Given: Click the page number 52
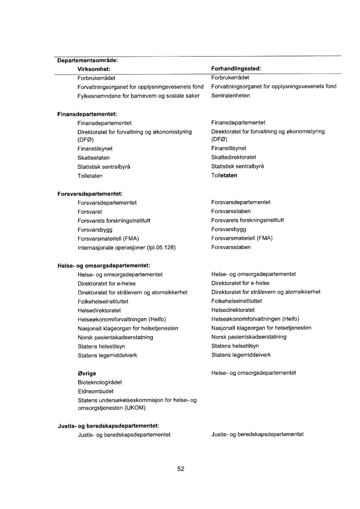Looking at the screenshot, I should [x=181, y=469].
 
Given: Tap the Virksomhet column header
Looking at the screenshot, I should [x=94, y=68].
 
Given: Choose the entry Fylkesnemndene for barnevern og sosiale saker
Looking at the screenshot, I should [x=138, y=96].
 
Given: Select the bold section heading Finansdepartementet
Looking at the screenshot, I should [x=86, y=114].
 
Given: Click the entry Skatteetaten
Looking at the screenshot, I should [x=93, y=157].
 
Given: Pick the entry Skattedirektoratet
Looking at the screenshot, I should [x=233, y=157].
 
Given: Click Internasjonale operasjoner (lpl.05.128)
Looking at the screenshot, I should [x=127, y=247].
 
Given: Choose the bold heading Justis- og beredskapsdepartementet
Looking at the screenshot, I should [x=107, y=426].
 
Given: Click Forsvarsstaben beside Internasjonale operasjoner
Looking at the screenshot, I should [x=231, y=247].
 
